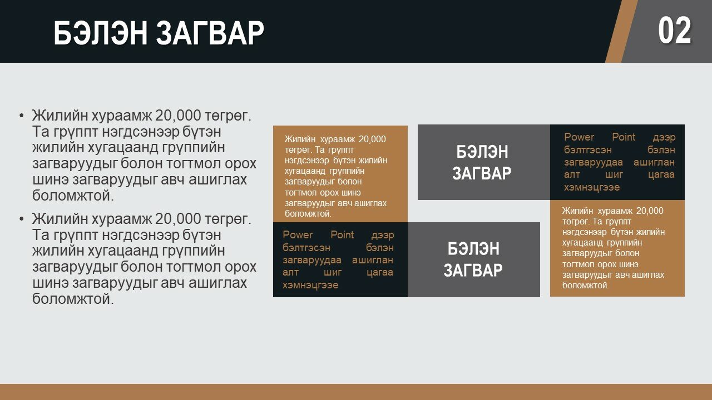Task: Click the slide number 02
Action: (x=675, y=31)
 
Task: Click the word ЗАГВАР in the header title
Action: (x=210, y=33)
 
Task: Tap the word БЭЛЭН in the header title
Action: (x=101, y=33)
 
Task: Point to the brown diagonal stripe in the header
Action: (x=622, y=31)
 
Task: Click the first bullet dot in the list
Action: (x=21, y=116)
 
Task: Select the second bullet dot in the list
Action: (x=21, y=219)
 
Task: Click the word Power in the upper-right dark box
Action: (x=579, y=137)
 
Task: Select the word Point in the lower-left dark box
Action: (x=342, y=235)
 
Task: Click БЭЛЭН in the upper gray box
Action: (x=482, y=152)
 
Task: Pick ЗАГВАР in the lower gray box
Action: (x=473, y=270)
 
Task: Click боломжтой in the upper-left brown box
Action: (x=308, y=214)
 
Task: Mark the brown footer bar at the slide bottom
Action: (x=356, y=392)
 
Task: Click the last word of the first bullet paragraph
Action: (x=73, y=196)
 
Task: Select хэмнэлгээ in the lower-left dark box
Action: (x=310, y=285)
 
